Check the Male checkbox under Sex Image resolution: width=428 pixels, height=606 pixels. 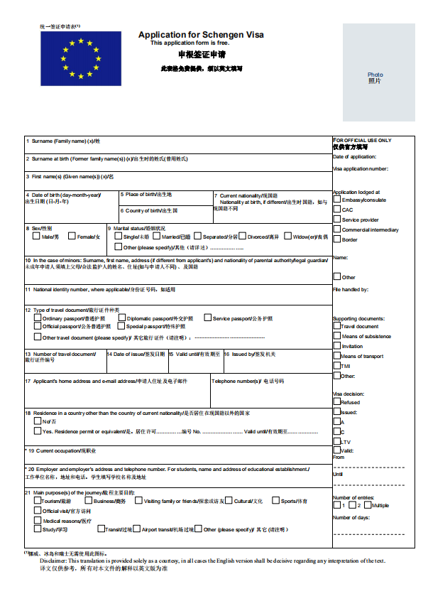(x=36, y=237)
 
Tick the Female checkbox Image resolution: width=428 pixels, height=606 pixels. (x=72, y=237)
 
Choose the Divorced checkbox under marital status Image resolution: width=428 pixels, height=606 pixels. (x=242, y=237)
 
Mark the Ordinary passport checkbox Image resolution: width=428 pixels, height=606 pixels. (x=37, y=318)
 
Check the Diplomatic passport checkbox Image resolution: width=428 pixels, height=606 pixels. (x=121, y=318)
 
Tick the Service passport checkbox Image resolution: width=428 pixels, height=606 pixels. (x=207, y=318)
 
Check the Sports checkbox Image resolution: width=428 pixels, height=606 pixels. (x=275, y=501)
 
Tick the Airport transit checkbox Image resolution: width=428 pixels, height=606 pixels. (x=136, y=529)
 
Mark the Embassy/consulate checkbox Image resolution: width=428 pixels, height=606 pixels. (x=336, y=200)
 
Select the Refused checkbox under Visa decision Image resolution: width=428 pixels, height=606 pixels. (x=336, y=402)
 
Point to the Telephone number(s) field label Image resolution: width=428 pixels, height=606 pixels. (x=248, y=382)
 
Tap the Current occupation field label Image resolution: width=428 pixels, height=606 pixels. (x=60, y=450)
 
